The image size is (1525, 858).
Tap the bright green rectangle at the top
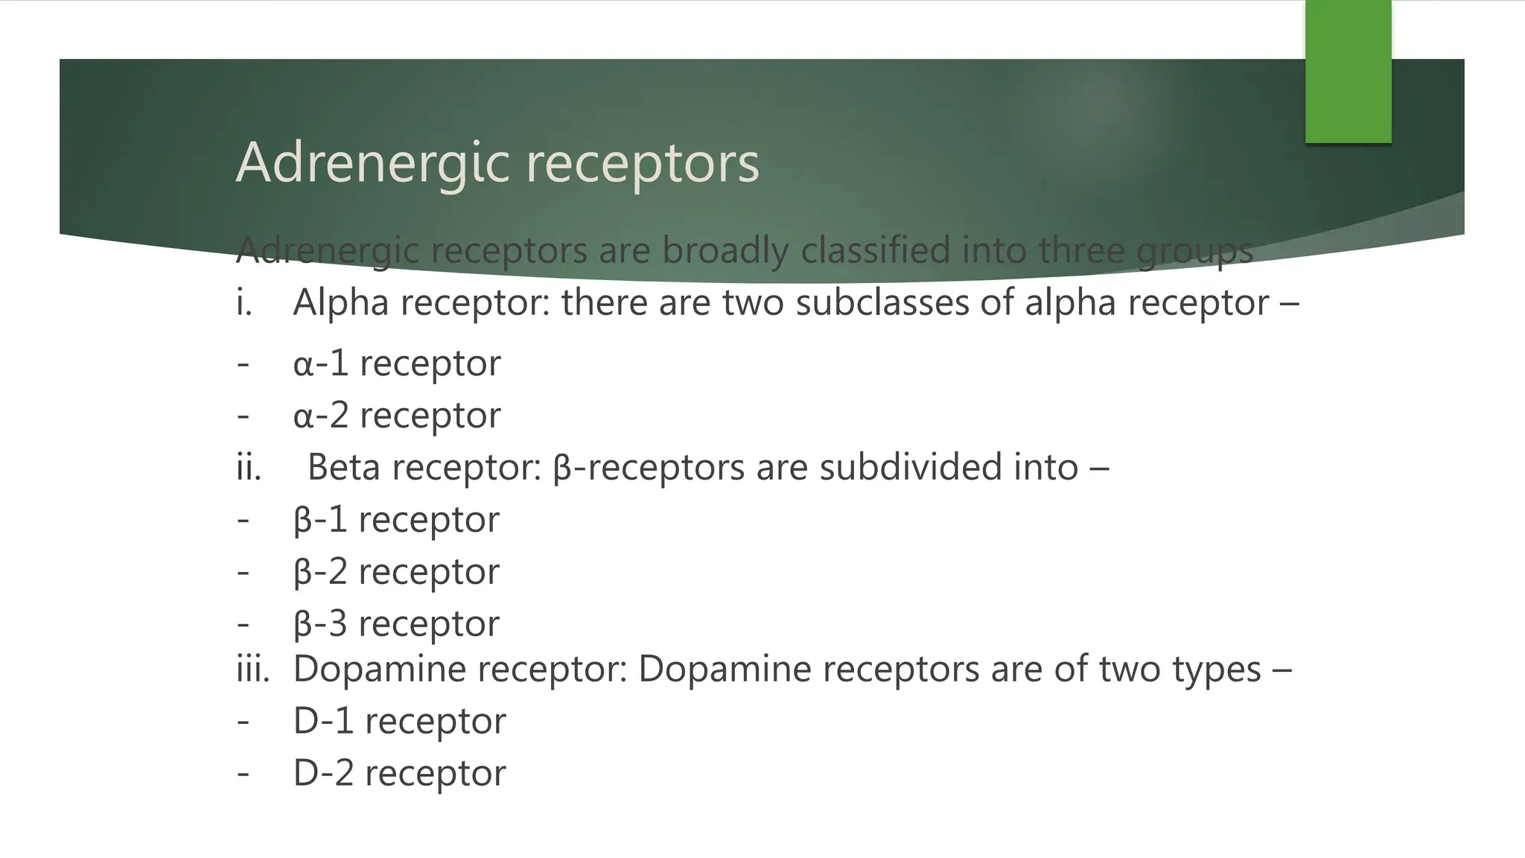[x=1348, y=71]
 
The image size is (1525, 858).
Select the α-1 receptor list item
[x=397, y=363]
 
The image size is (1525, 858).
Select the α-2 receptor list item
[x=397, y=415]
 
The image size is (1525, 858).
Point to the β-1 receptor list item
[x=396, y=519]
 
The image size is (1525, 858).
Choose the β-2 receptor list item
[x=396, y=571]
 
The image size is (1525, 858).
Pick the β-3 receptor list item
[x=396, y=623]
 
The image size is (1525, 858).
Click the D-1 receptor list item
[x=399, y=720]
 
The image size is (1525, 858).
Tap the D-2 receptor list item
[x=399, y=772]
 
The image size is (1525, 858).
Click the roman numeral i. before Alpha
[x=243, y=302]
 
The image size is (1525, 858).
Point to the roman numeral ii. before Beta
[x=249, y=467]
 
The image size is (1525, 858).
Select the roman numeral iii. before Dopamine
[x=252, y=668]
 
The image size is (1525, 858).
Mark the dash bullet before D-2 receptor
[x=243, y=772]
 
